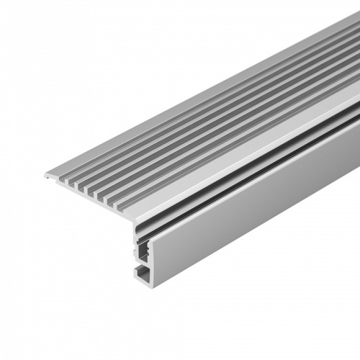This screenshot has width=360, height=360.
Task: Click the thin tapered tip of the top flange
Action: click(48, 174)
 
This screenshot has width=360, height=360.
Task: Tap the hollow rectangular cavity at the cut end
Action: click(144, 252)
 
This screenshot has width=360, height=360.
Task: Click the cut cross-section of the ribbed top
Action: click(94, 194)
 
